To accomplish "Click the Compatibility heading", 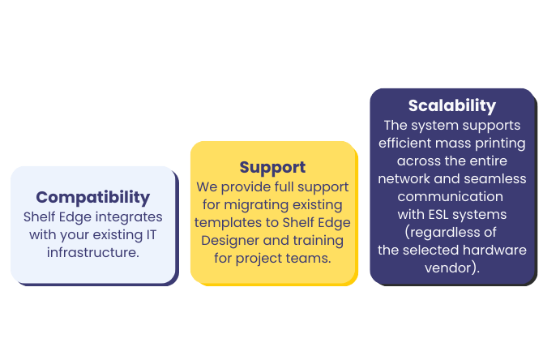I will tap(92, 197).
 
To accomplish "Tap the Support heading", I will tap(272, 167).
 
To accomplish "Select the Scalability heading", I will tap(451, 105).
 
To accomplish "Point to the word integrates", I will tap(127, 217).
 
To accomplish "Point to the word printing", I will tap(498, 143).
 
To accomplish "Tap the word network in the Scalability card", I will tap(404, 178).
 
